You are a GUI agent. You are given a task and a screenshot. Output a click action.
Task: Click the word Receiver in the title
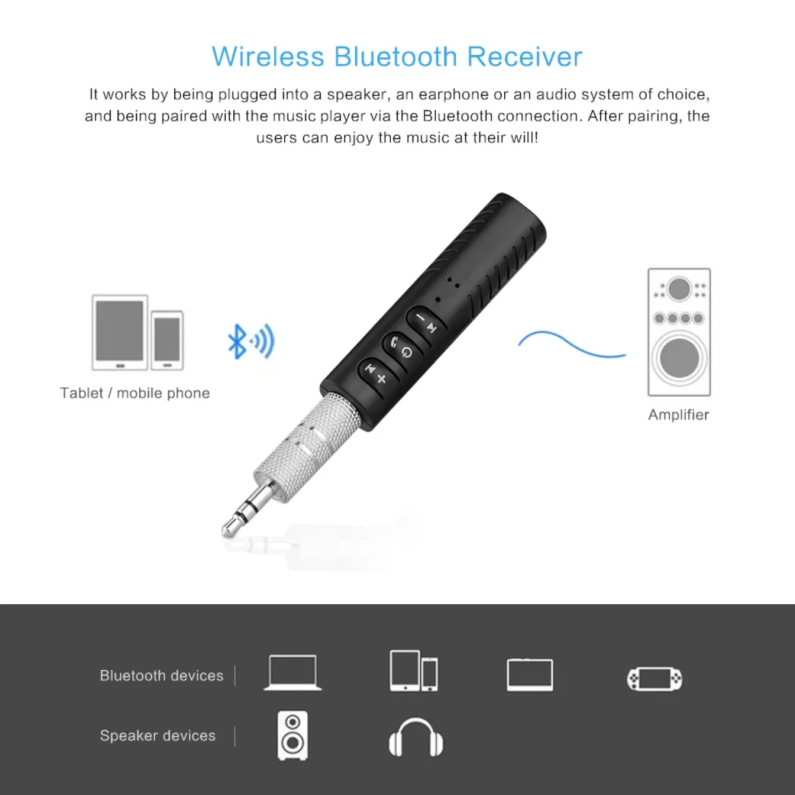tap(524, 57)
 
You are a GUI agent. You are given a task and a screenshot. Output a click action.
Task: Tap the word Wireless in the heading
tap(268, 57)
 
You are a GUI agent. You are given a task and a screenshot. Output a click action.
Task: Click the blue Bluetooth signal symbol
tap(250, 342)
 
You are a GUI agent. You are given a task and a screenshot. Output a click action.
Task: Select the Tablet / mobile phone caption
tap(134, 393)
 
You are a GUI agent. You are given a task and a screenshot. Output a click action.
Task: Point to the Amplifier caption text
tap(678, 415)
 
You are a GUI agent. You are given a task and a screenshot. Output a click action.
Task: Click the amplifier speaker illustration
tap(678, 332)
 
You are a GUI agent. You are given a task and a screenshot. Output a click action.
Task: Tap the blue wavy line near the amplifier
tap(570, 346)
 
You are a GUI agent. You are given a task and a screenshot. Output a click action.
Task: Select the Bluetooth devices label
tap(162, 676)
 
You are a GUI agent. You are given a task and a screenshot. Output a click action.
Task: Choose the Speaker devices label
tap(158, 735)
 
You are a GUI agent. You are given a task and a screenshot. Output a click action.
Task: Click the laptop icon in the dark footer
tap(292, 673)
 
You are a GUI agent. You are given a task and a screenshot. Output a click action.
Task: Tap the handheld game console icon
tap(655, 678)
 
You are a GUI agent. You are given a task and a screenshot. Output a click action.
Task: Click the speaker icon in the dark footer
tap(292, 735)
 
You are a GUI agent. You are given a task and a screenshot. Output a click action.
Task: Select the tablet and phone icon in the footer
tap(414, 671)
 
